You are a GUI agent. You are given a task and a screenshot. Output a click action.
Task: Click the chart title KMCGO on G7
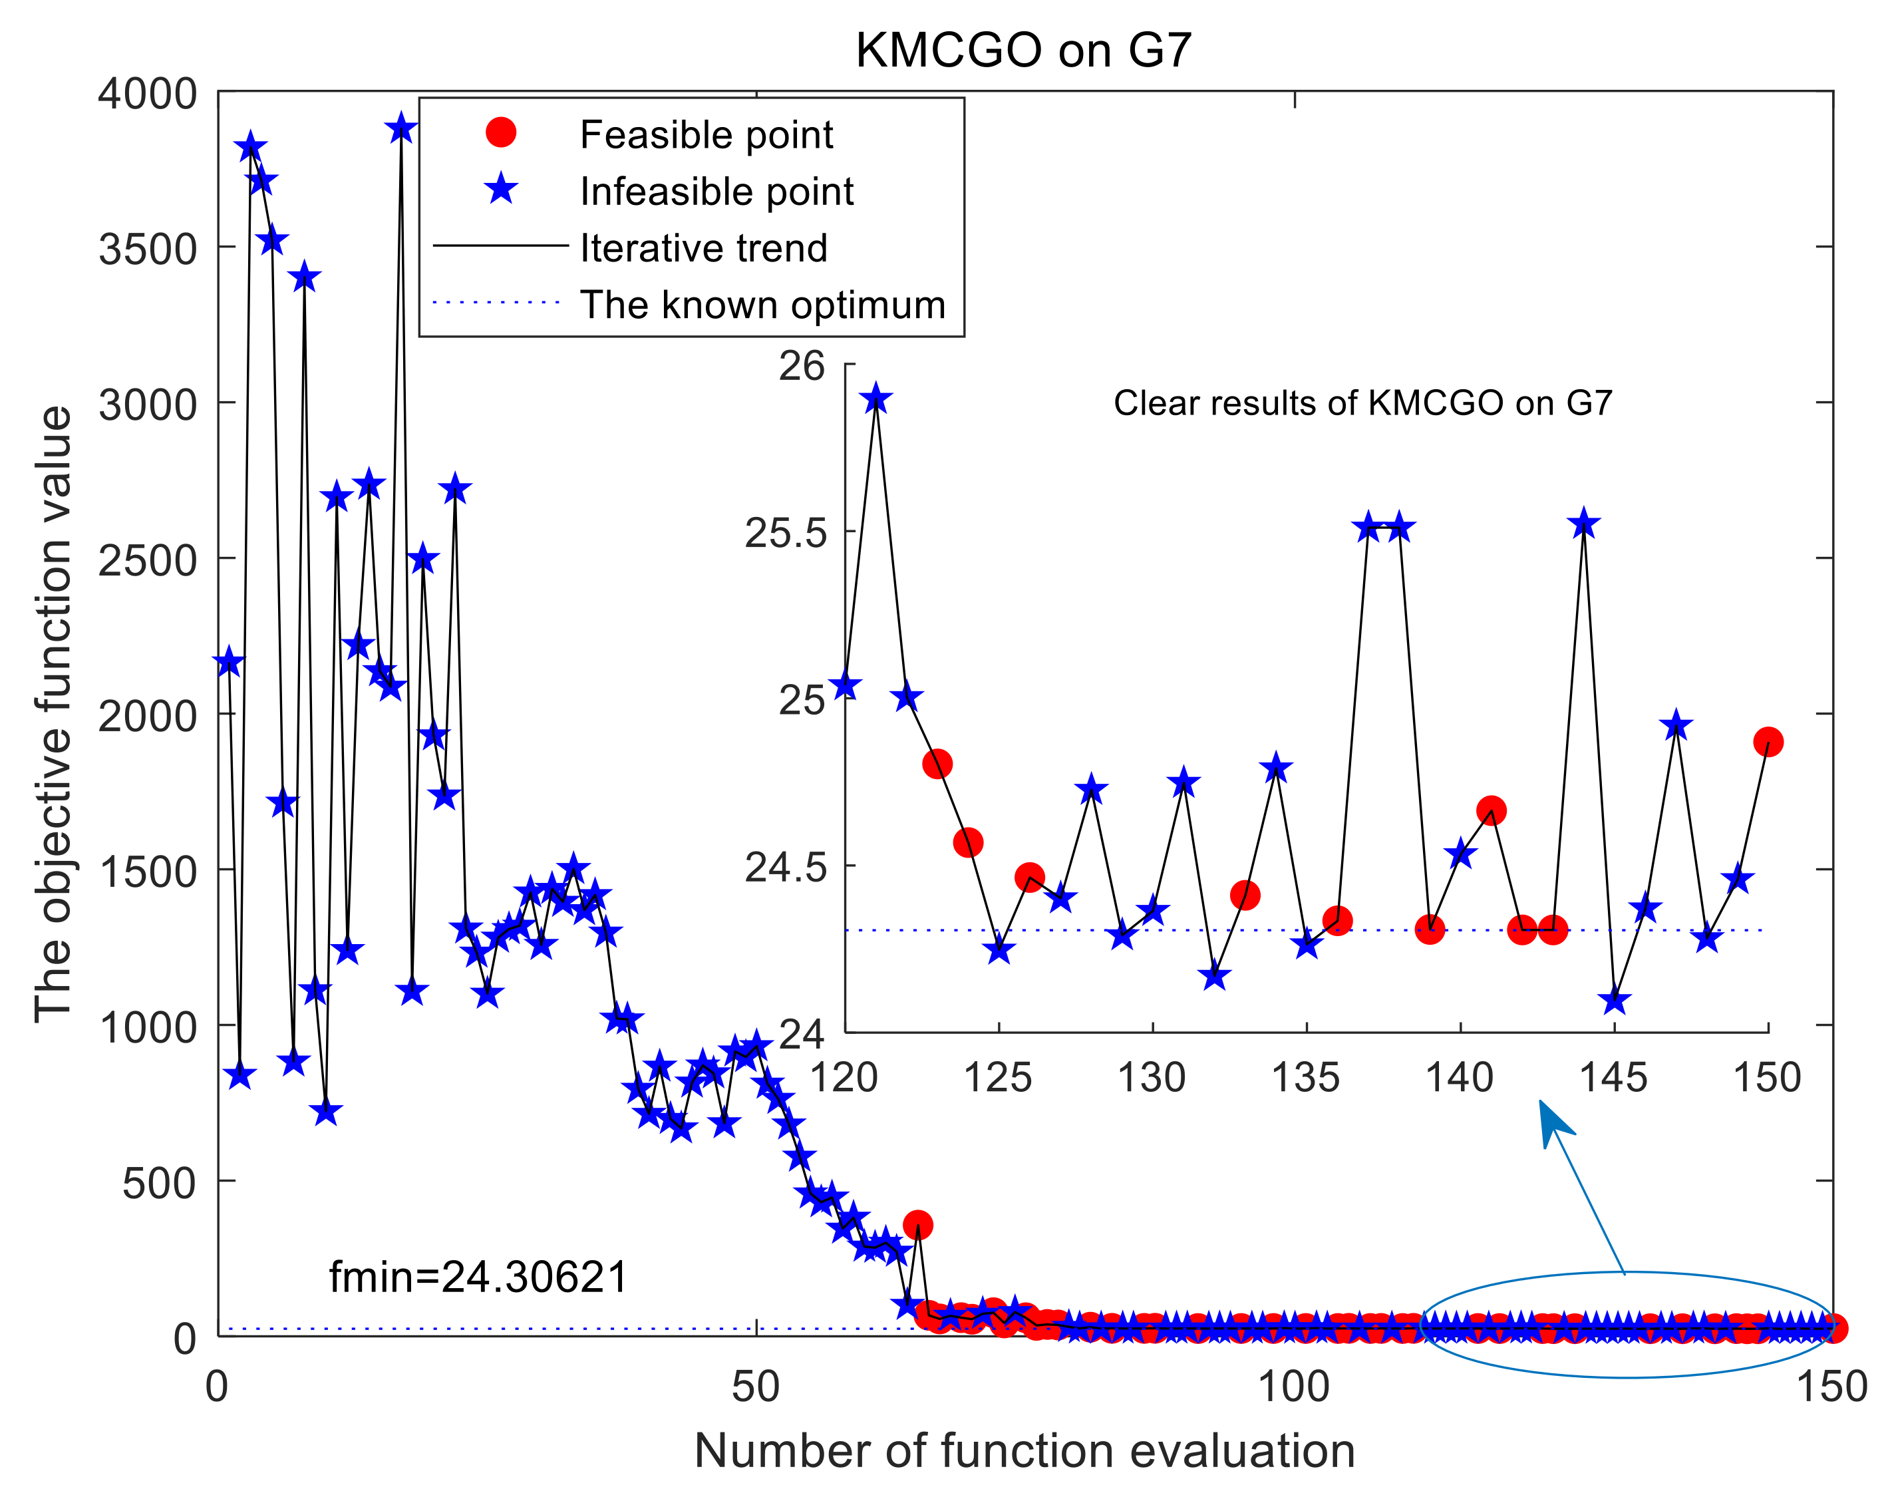point(1023,50)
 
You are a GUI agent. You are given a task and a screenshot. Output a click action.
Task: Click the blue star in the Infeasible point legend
point(501,189)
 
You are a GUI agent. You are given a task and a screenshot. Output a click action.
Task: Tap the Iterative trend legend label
point(703,248)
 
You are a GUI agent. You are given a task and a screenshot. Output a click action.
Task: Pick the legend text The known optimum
point(762,305)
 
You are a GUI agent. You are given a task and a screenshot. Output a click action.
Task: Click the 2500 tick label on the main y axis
point(147,560)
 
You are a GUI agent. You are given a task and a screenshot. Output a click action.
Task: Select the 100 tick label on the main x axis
point(1293,1387)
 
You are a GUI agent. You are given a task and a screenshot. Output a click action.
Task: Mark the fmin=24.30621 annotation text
point(478,1277)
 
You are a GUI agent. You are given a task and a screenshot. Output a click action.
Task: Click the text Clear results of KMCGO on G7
point(1362,403)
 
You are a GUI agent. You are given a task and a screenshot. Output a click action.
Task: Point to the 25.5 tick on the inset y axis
point(785,532)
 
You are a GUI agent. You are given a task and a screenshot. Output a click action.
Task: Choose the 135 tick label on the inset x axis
point(1306,1078)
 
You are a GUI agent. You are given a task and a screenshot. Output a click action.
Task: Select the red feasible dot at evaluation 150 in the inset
point(1768,742)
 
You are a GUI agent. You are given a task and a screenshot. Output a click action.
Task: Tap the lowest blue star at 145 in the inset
point(1614,1001)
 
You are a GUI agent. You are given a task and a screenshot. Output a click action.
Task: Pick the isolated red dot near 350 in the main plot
point(917,1225)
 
